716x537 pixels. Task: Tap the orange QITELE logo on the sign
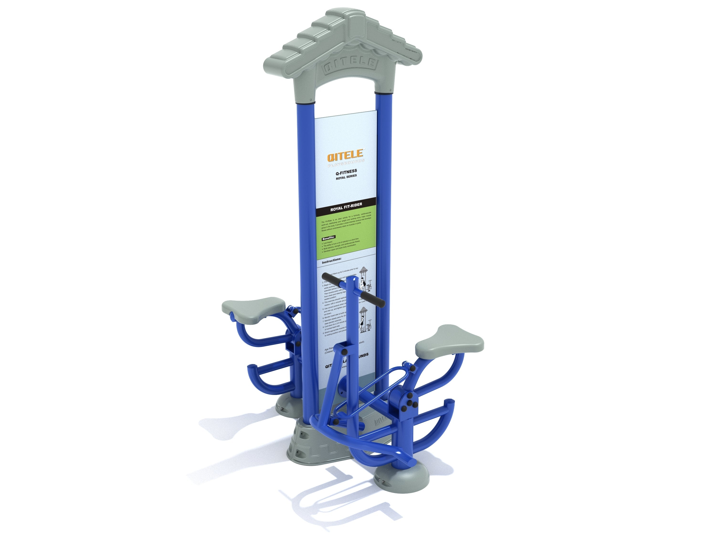346,157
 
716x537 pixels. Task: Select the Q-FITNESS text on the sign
346,171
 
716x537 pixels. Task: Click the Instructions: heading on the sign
332,260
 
